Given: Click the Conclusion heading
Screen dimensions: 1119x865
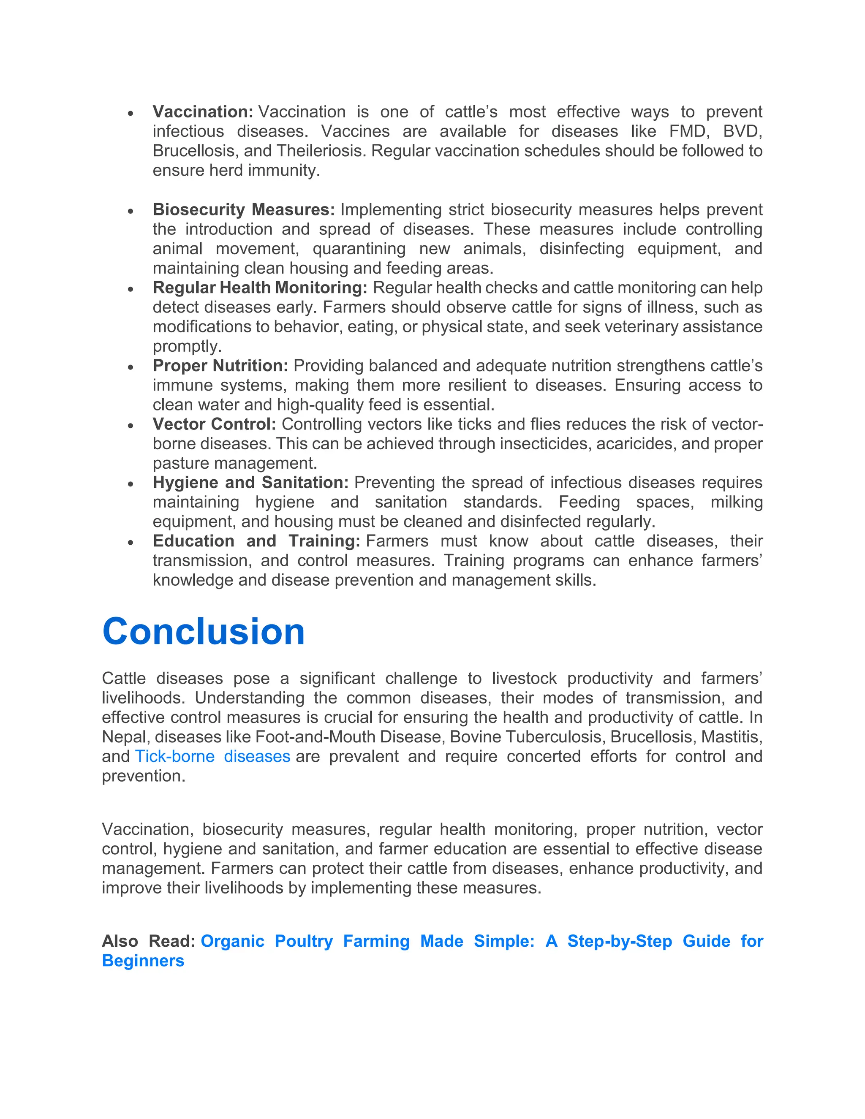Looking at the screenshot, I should point(204,631).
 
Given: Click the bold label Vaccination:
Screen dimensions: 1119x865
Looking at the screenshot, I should point(202,112).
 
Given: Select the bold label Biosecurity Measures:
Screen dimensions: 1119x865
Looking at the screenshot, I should point(243,209).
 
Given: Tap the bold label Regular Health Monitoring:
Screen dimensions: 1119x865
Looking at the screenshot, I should point(260,288).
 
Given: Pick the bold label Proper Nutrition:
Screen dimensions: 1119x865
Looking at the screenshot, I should point(220,366).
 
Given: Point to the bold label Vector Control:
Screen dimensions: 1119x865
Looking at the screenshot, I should point(214,424).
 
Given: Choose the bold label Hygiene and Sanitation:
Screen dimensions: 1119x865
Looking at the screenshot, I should point(250,483).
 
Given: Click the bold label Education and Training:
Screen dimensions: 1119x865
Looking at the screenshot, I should point(256,541).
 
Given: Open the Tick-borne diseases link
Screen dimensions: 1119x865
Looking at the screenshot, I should point(213,756).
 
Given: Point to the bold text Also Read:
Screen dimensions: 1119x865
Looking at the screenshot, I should point(148,941).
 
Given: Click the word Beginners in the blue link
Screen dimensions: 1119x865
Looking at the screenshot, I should point(143,961).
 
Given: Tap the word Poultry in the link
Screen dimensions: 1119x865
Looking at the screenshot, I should point(303,941).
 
